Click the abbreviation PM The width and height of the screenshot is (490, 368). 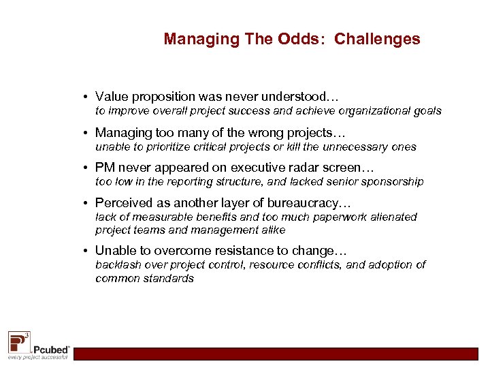click(x=104, y=167)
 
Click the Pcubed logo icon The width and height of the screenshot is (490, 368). click(x=18, y=340)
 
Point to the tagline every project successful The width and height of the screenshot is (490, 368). click(x=37, y=356)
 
